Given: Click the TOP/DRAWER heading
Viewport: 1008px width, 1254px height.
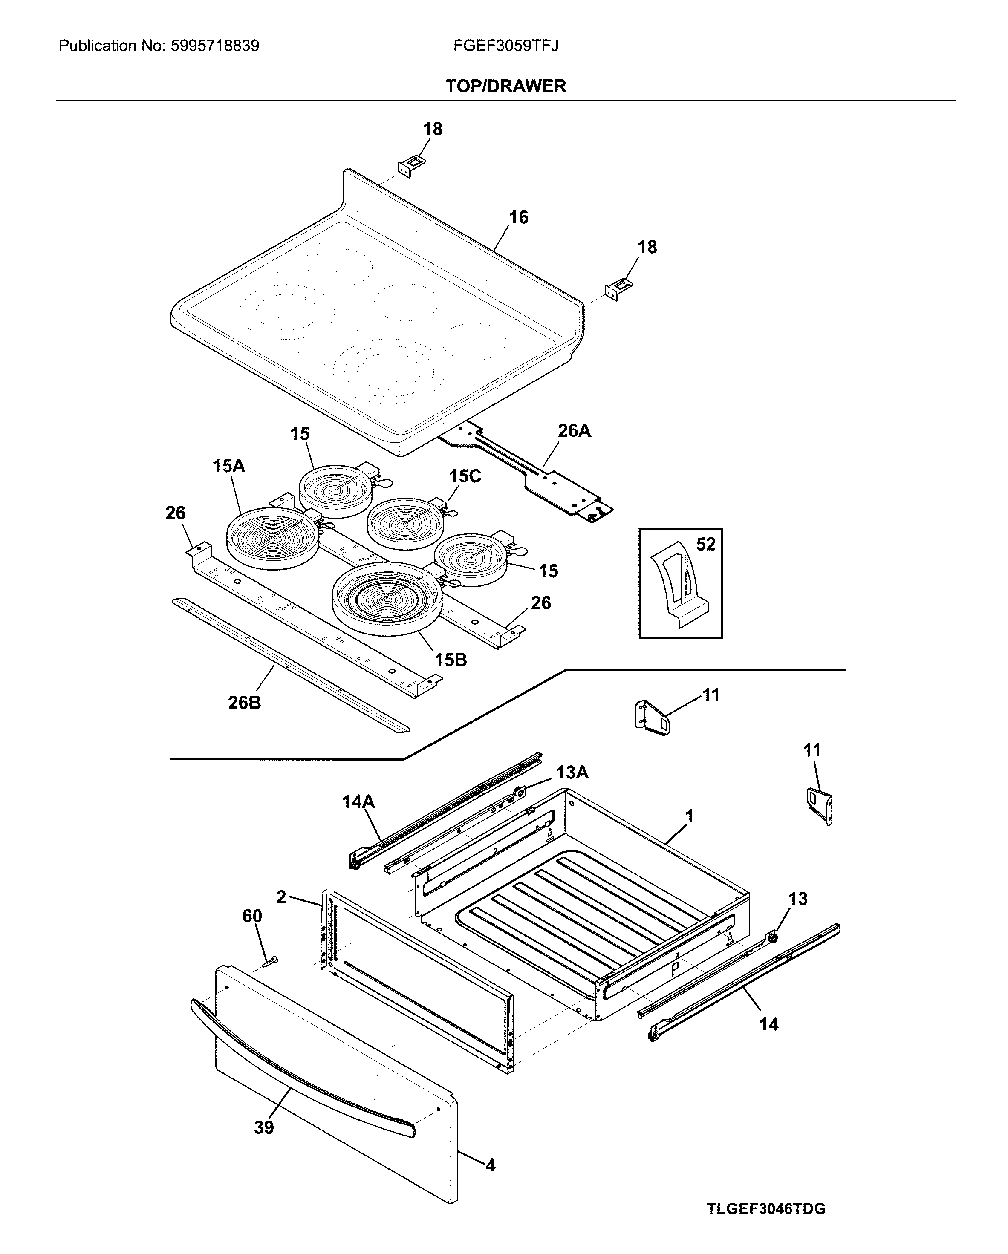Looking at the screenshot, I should [x=505, y=86].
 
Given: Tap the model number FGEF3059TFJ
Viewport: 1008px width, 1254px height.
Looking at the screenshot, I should [x=505, y=46].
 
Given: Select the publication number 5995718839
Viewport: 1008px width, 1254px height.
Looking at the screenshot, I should [x=215, y=46].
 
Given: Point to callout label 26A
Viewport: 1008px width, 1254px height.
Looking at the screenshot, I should [x=574, y=430].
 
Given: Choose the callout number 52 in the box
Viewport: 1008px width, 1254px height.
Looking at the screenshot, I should [x=705, y=545].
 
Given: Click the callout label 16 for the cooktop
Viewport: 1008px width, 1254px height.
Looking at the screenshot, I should [x=518, y=218].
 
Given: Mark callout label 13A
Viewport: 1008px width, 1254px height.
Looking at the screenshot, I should [x=572, y=773].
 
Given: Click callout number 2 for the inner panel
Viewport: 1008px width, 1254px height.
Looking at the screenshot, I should [x=281, y=897].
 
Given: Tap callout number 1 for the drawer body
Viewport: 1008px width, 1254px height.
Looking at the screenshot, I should [x=689, y=816].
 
